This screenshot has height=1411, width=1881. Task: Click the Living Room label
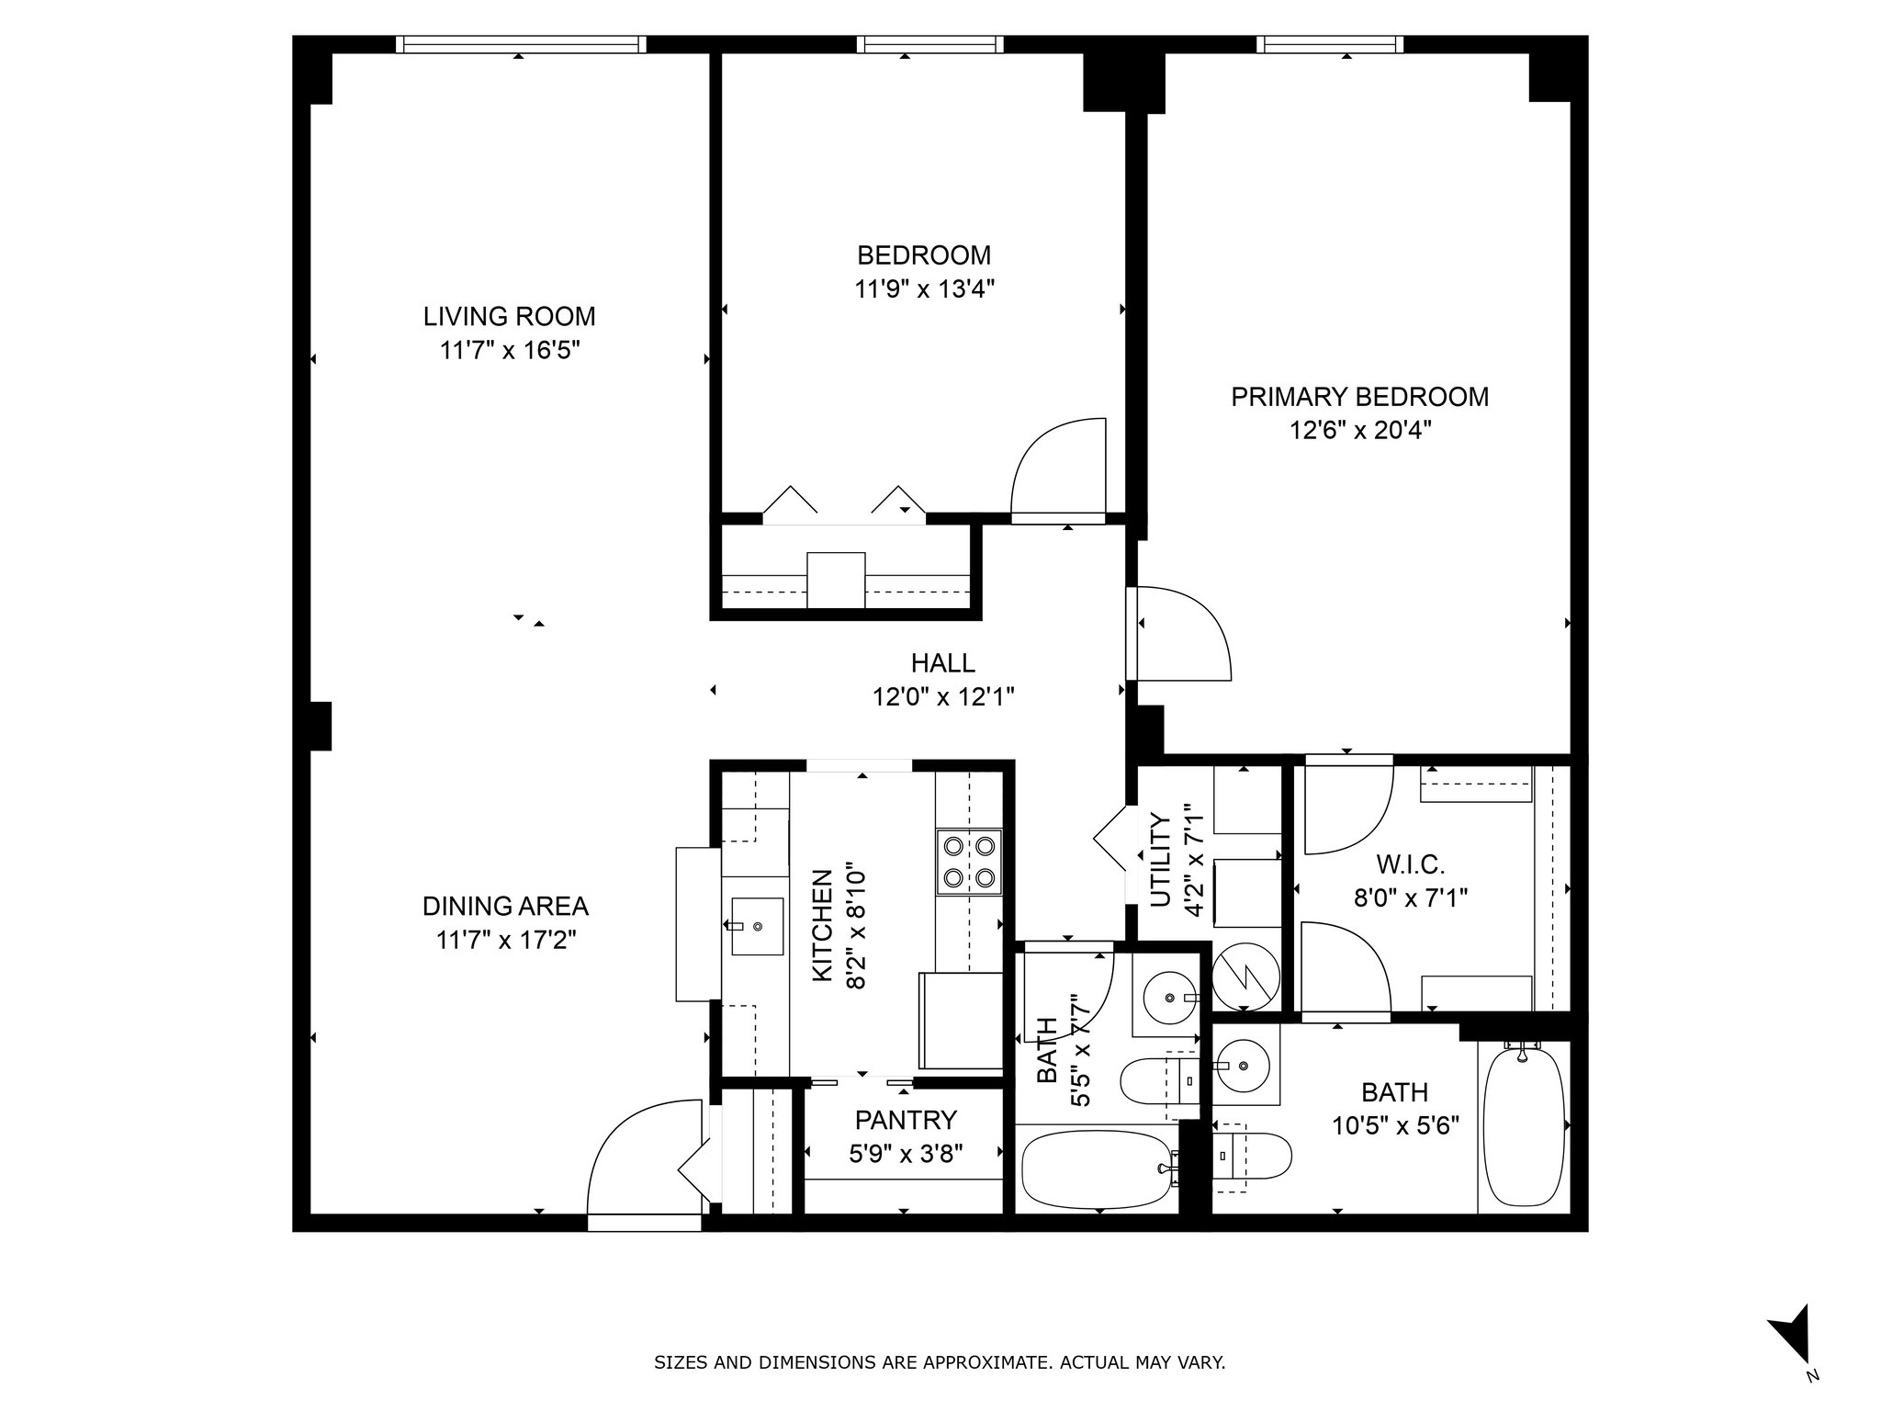coord(509,317)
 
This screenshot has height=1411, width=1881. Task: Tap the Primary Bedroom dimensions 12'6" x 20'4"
coord(1360,431)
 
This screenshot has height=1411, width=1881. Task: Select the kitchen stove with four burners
coord(969,862)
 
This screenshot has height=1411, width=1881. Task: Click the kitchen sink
coord(758,927)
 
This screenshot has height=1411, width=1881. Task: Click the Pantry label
coord(906,1120)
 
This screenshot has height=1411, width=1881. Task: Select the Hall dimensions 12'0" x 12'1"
coord(943,697)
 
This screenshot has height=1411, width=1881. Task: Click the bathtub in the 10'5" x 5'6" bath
coord(1524,1126)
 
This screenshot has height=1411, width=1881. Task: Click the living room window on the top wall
coord(522,44)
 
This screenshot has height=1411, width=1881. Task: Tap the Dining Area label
coord(505,907)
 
